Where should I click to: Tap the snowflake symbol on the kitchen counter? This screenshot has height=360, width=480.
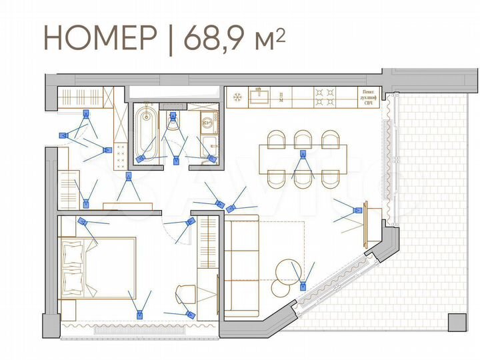235,97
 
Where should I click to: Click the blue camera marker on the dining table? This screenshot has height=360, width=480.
302,155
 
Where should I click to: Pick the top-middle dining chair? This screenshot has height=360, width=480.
303,138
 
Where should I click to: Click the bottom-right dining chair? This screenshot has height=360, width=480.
331,179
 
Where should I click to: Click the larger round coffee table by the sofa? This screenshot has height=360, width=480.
291,271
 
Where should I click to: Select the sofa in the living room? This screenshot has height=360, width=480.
241,267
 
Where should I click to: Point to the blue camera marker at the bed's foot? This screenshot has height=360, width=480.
140,313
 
